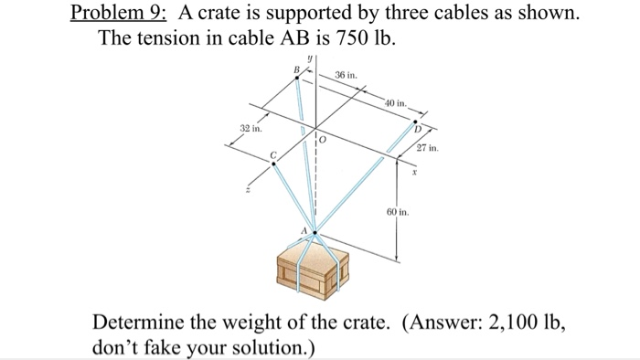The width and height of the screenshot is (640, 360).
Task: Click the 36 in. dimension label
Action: click(x=347, y=74)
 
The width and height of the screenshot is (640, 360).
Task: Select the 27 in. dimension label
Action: click(x=427, y=148)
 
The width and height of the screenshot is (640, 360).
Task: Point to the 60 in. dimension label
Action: click(x=397, y=211)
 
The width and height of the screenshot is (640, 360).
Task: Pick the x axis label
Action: click(x=413, y=171)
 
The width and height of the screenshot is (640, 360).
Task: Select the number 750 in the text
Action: click(x=347, y=42)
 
